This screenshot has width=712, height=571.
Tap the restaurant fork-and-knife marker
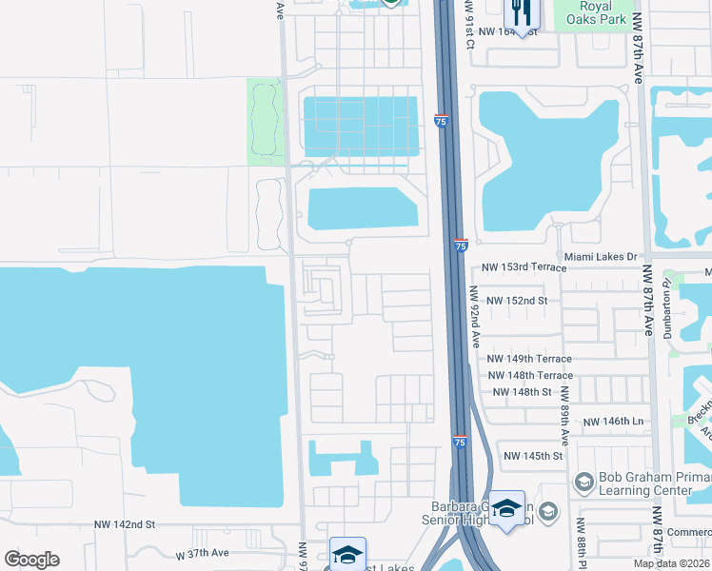coord(520,12)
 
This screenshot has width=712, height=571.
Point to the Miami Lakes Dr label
coord(600,257)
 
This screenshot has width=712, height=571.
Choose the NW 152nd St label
coord(517,301)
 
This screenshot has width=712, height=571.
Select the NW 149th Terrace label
coord(529,359)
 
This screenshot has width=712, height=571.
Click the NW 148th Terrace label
coord(529,376)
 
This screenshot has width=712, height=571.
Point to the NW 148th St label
coord(521,392)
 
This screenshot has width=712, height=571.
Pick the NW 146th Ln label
coord(613,421)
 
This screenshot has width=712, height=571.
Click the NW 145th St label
coord(534,456)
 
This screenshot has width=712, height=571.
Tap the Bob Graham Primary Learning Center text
coord(652,483)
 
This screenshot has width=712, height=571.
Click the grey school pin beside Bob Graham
coord(583,482)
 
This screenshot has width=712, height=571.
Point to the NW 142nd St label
coord(124,524)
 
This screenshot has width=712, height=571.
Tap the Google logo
coord(31,560)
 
